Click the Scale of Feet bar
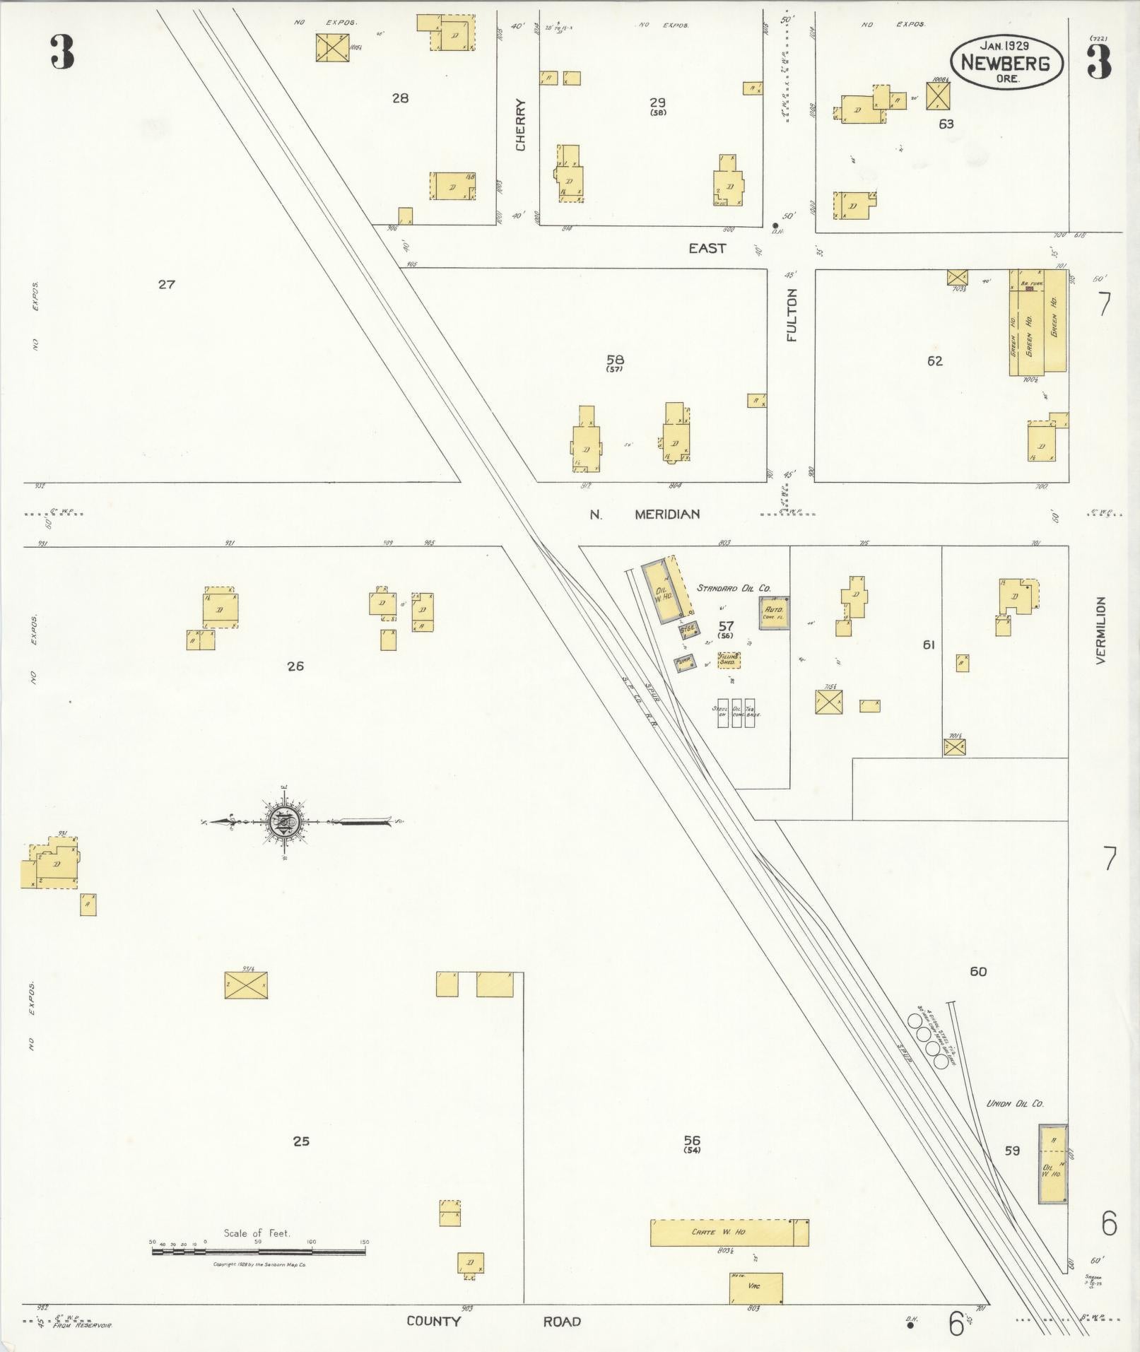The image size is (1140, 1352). (x=259, y=1251)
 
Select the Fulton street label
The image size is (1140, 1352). (x=792, y=315)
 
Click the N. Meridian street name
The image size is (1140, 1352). (x=645, y=515)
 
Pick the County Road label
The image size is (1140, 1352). (x=493, y=1322)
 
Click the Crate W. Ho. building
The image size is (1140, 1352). (x=729, y=1233)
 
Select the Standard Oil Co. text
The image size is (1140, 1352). (x=734, y=588)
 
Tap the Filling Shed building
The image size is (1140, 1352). (x=729, y=660)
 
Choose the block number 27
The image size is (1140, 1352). (x=166, y=285)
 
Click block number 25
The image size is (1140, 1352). (x=301, y=1141)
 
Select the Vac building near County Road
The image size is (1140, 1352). (x=756, y=1288)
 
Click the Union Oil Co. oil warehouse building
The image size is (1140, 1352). (x=1052, y=1164)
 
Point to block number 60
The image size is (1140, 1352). (x=978, y=972)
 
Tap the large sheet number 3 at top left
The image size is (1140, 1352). (x=62, y=53)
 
